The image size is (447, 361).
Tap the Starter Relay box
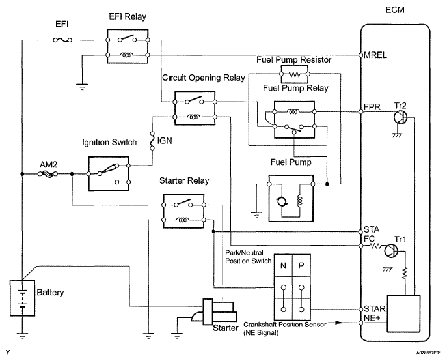click(x=182, y=211)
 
